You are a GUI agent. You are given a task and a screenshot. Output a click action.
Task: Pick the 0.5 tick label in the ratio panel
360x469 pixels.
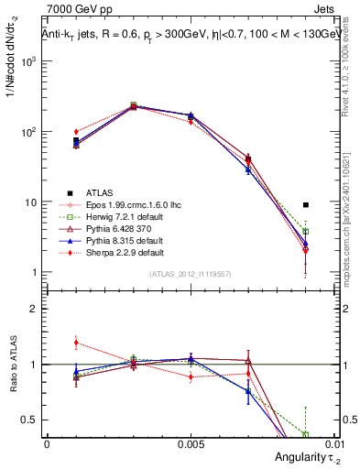click(x=29, y=420)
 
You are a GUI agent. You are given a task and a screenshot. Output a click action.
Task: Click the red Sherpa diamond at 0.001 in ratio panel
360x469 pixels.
click(x=76, y=343)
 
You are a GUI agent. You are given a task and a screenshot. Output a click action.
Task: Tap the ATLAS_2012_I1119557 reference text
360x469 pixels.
click(x=190, y=275)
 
